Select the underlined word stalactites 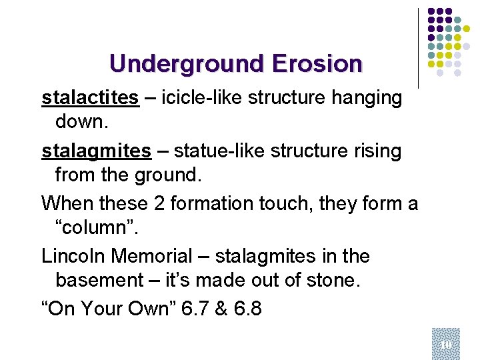(90, 99)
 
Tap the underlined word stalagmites (96, 151)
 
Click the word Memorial (162, 256)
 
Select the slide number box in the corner (445, 343)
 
